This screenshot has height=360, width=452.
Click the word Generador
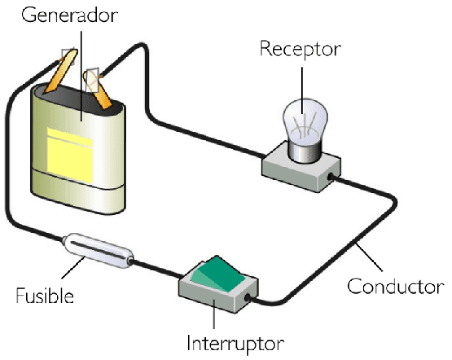pos(69,15)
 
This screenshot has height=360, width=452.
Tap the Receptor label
pos(301,50)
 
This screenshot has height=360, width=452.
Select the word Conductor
pos(396,287)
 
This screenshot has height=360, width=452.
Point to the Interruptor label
pos(235,343)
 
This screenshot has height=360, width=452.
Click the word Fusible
pos(45,296)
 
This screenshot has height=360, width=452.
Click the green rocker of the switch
pos(217,274)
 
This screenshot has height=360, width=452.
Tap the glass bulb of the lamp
pos(305,121)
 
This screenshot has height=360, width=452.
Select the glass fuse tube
pos(99,250)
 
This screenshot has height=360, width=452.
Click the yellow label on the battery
pos(70,156)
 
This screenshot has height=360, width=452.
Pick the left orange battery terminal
pos(62,72)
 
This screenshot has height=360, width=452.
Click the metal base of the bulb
pos(305,151)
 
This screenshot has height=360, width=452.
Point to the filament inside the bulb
pos(305,127)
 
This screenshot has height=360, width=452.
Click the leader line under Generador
pos(81,76)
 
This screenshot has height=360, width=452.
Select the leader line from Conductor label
pos(369,257)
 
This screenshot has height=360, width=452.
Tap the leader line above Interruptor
pos(214,314)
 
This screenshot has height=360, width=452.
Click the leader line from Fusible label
pos(73,268)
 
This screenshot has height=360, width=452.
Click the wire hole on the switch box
pos(248,298)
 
